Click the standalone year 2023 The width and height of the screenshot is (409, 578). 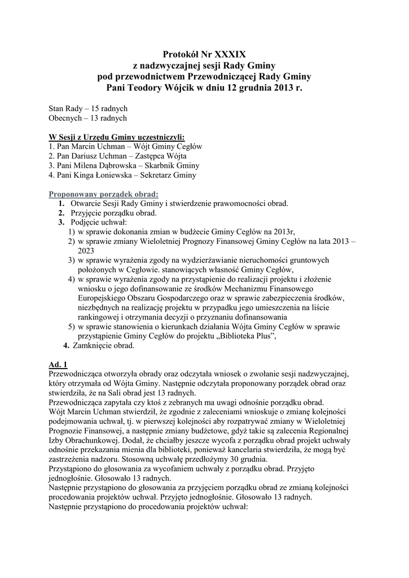86,250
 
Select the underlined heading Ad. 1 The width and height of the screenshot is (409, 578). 58,365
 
